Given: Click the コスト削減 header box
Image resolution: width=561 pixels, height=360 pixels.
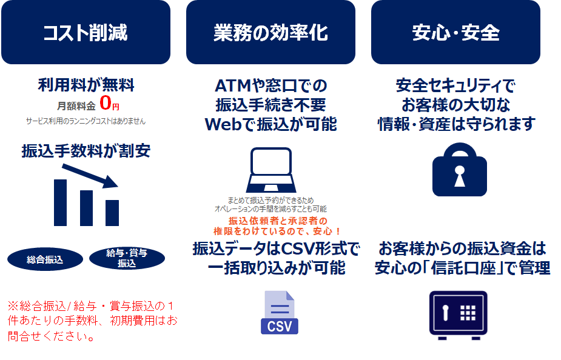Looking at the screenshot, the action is (x=86, y=32).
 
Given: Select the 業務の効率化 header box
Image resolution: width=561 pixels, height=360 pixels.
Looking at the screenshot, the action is (x=271, y=32).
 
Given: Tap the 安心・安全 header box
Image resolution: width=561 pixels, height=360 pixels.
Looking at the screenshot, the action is (x=456, y=32).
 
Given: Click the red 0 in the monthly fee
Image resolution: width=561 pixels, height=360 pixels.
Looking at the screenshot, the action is (x=106, y=103).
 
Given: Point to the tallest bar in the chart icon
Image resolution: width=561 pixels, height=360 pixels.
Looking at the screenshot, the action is (x=60, y=202).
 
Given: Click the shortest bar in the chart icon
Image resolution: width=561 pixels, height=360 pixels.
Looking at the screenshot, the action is (x=112, y=213).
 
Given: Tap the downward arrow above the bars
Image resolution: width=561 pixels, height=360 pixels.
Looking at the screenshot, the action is (x=90, y=176).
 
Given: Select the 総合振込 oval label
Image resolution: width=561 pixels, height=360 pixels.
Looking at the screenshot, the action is (x=45, y=259).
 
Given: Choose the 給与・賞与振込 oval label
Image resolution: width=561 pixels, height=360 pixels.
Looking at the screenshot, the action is (x=127, y=258).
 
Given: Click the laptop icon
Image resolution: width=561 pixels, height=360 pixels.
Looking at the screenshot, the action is (x=271, y=170).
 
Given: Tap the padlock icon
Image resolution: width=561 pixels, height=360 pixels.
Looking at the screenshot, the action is (x=460, y=170).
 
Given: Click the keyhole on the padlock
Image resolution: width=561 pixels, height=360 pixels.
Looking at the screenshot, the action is (x=460, y=176).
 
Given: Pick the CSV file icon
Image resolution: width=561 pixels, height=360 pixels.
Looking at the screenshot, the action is (x=280, y=313).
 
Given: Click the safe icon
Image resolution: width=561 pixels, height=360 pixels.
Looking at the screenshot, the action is (x=459, y=315).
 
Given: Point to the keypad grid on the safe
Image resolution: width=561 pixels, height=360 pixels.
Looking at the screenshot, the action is (x=468, y=313).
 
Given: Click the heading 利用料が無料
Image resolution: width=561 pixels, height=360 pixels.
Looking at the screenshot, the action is (x=86, y=85).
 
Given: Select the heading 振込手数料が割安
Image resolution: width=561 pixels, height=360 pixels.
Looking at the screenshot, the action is (x=86, y=150).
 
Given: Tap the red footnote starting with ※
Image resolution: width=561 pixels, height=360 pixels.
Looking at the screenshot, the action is (x=92, y=321).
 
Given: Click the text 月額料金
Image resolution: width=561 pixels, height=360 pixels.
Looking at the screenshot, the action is (x=76, y=106).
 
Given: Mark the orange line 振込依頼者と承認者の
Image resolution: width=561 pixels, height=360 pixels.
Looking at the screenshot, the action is (x=278, y=221).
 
